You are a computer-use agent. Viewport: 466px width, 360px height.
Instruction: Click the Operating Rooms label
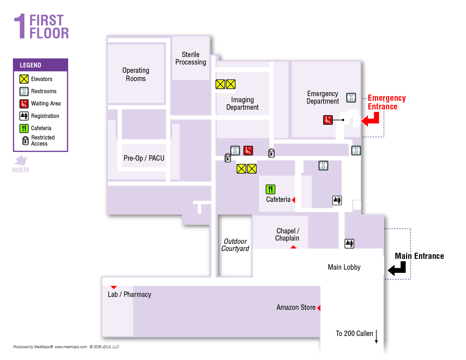(x=136, y=75)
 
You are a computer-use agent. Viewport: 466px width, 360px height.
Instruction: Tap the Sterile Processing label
(x=190, y=58)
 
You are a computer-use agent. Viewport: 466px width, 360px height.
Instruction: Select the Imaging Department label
(x=243, y=104)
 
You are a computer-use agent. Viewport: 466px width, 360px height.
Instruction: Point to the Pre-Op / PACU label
(x=144, y=158)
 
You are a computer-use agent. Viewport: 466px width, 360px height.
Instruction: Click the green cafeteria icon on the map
(x=270, y=189)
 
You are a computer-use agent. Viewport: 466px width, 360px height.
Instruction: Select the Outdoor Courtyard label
(x=235, y=245)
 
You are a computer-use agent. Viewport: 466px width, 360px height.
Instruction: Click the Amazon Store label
(x=296, y=307)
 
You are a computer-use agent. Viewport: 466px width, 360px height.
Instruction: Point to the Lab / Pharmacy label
(x=130, y=294)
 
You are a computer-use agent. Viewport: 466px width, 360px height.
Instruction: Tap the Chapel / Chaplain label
(x=287, y=235)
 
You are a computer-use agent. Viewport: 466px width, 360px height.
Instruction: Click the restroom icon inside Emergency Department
(x=351, y=98)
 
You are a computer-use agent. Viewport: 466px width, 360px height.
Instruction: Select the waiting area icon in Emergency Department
(x=328, y=120)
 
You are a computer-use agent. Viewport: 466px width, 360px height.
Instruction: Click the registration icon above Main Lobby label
(x=349, y=244)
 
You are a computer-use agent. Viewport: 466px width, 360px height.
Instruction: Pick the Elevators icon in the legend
(x=24, y=79)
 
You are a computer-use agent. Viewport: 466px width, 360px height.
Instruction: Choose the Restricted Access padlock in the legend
(x=25, y=141)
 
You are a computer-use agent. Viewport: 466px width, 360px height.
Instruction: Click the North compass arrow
(x=21, y=160)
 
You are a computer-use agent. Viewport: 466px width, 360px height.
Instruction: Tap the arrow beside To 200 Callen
(x=376, y=337)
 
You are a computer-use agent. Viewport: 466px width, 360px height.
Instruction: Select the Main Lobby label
(x=344, y=267)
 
